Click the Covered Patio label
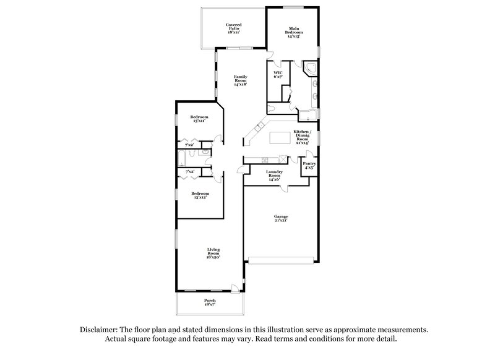pyautogui.click(x=233, y=27)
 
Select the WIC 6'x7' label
pyautogui.click(x=278, y=75)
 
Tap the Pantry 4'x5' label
pyautogui.click(x=309, y=165)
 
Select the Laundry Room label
pyautogui.click(x=275, y=175)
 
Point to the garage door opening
pyautogui.click(x=282, y=258)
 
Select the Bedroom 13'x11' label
pyautogui.click(x=199, y=119)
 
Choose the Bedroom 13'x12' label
pyautogui.click(x=199, y=195)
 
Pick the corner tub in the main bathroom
pyautogui.click(x=309, y=69)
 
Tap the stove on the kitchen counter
pyautogui.click(x=283, y=158)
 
